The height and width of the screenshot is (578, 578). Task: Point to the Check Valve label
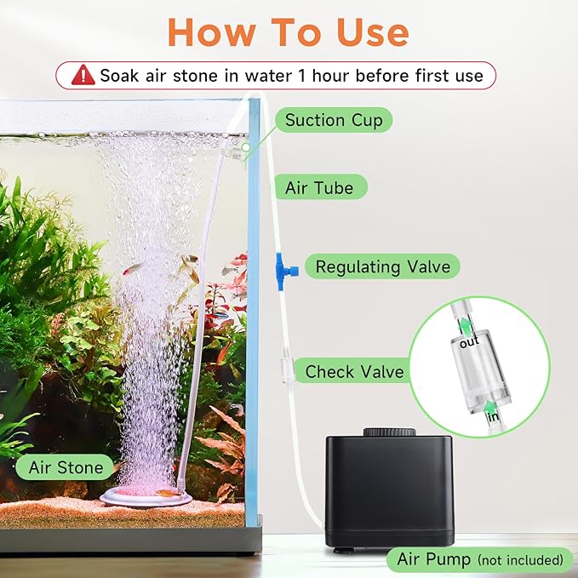tap(354, 371)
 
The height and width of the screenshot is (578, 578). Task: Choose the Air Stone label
tap(66, 466)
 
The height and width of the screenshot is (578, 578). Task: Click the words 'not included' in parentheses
tap(519, 560)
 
